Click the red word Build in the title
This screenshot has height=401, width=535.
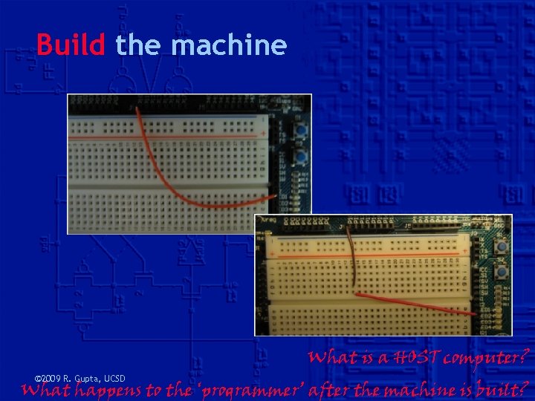coord(71,46)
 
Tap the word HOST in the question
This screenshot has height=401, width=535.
coord(403,357)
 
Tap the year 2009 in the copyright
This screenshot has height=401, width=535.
coord(50,378)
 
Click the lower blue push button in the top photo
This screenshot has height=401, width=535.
coord(302,158)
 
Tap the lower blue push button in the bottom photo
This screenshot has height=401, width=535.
coord(502,273)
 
